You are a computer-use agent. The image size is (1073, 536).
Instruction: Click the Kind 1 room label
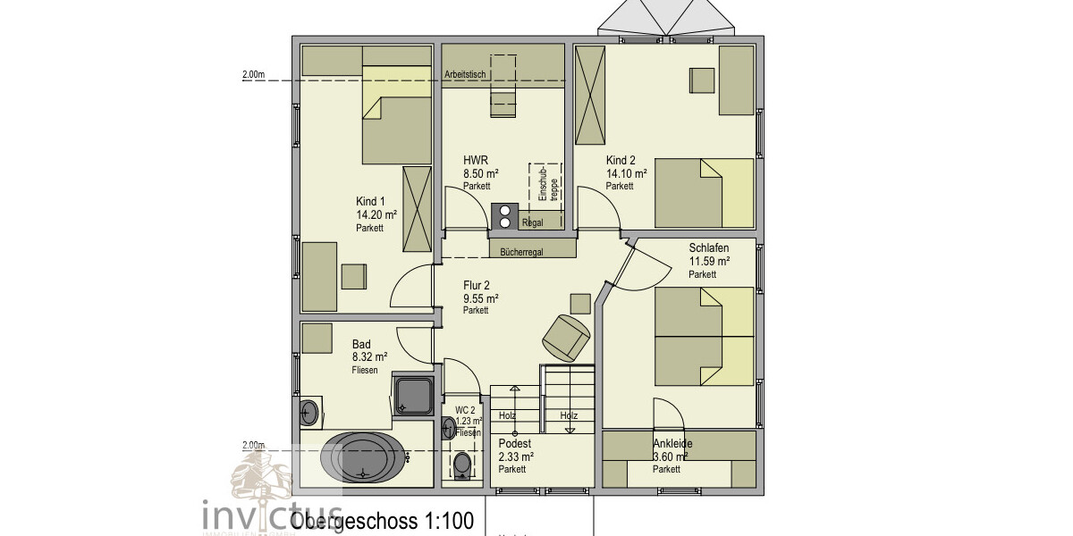370,202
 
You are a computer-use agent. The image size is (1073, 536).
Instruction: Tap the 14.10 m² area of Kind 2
626,173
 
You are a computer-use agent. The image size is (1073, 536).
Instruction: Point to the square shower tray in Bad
414,396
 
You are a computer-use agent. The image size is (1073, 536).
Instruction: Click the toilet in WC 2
462,464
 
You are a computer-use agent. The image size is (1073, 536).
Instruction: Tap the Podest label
514,444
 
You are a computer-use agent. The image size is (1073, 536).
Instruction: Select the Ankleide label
672,444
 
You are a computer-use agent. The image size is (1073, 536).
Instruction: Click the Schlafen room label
708,248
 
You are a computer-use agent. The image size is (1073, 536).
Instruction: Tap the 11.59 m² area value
708,262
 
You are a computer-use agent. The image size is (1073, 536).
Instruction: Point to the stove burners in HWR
504,215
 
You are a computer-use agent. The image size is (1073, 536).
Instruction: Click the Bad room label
361,343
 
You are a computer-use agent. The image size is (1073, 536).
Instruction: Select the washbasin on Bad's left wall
309,412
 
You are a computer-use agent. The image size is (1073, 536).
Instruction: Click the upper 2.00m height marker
254,76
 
